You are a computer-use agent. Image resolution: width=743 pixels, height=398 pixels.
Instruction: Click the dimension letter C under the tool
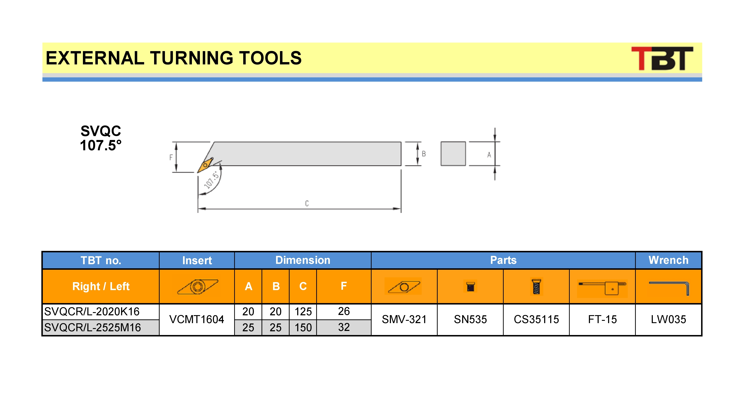coord(307,204)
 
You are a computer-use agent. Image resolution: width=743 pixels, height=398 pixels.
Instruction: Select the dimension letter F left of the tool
coord(171,157)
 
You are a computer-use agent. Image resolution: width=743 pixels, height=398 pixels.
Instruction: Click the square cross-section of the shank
coord(453,154)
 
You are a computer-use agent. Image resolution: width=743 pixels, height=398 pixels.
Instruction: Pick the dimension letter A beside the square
coord(489,155)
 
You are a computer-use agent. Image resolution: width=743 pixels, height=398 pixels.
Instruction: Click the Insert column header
coord(197,260)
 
